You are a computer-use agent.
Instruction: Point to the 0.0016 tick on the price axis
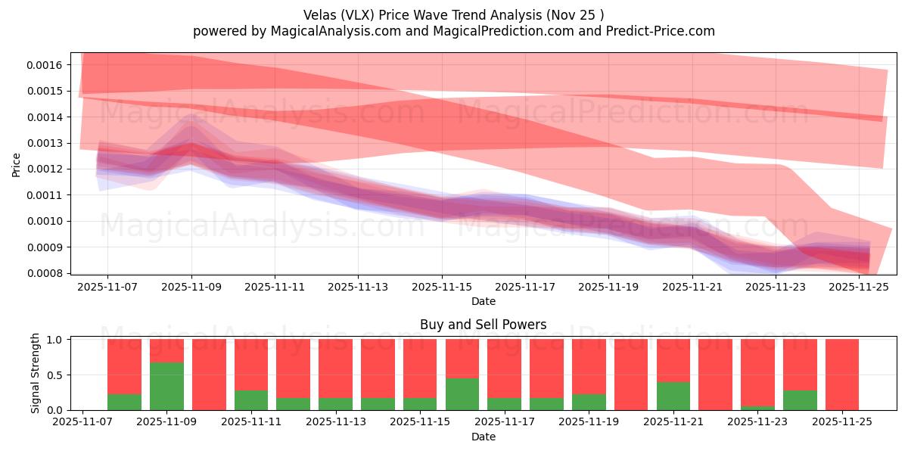(x=45, y=65)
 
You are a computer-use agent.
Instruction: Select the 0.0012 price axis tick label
(x=45, y=169)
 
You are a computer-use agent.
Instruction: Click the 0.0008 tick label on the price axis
(x=45, y=273)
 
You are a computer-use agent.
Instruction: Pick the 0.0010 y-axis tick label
(x=45, y=221)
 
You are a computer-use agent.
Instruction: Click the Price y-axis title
(x=17, y=164)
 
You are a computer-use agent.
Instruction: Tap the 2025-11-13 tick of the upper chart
(x=358, y=288)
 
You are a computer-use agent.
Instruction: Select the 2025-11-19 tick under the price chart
(x=608, y=288)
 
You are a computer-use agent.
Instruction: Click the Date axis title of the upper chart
(x=484, y=301)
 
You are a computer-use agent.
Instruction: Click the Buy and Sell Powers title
(x=483, y=325)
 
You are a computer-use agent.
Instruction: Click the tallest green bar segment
(x=166, y=386)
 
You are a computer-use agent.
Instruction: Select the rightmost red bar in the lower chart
(x=842, y=375)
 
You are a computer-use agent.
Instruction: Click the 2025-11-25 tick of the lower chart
(x=842, y=423)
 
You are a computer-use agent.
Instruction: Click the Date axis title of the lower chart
(x=484, y=437)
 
